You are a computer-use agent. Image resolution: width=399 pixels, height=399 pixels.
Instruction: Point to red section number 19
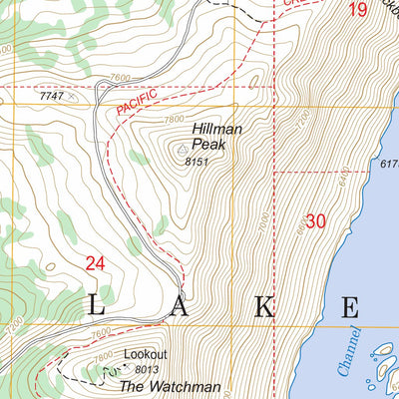(x=357, y=11)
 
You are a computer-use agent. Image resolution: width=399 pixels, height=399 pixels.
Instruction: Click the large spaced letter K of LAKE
(x=261, y=305)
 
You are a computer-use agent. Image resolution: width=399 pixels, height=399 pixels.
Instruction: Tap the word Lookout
(x=145, y=354)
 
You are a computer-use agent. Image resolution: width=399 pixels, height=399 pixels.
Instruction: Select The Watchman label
(x=170, y=385)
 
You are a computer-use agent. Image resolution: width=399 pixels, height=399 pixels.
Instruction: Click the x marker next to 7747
(x=73, y=98)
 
